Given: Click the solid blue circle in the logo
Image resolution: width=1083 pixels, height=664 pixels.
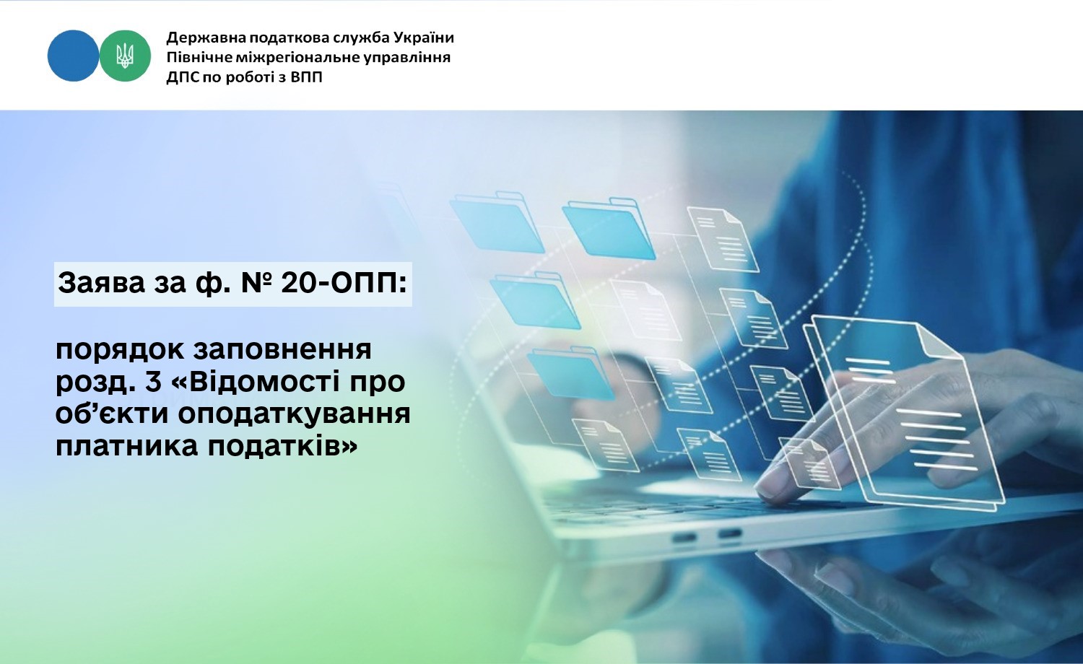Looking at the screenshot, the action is [x=73, y=56].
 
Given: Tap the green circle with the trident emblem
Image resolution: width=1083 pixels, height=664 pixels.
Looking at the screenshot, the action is [x=125, y=56].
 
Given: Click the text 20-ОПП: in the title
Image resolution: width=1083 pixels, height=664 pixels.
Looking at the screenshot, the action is [x=343, y=283].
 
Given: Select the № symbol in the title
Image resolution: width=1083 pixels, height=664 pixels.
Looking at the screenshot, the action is [x=256, y=283].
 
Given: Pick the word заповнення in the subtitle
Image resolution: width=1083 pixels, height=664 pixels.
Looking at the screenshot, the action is [x=283, y=350].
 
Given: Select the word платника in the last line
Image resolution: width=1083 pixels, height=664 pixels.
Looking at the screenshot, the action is [x=127, y=446].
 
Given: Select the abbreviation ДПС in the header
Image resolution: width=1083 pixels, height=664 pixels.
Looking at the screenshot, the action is [x=180, y=77].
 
